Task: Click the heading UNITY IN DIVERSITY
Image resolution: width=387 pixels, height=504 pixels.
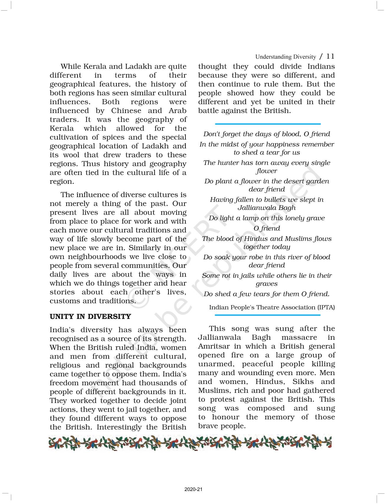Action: (90, 316)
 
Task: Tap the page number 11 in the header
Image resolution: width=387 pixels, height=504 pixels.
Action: (330, 56)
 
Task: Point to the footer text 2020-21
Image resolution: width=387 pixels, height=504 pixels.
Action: (193, 489)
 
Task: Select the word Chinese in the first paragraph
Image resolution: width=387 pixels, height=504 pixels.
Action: (126, 111)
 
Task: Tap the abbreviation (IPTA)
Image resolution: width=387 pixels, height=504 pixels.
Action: (326, 307)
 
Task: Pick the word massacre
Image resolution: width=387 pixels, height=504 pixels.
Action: (299, 337)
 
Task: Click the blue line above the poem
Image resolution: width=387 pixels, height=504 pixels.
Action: (268, 124)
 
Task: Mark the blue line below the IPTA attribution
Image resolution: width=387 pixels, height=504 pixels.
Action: (268, 315)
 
